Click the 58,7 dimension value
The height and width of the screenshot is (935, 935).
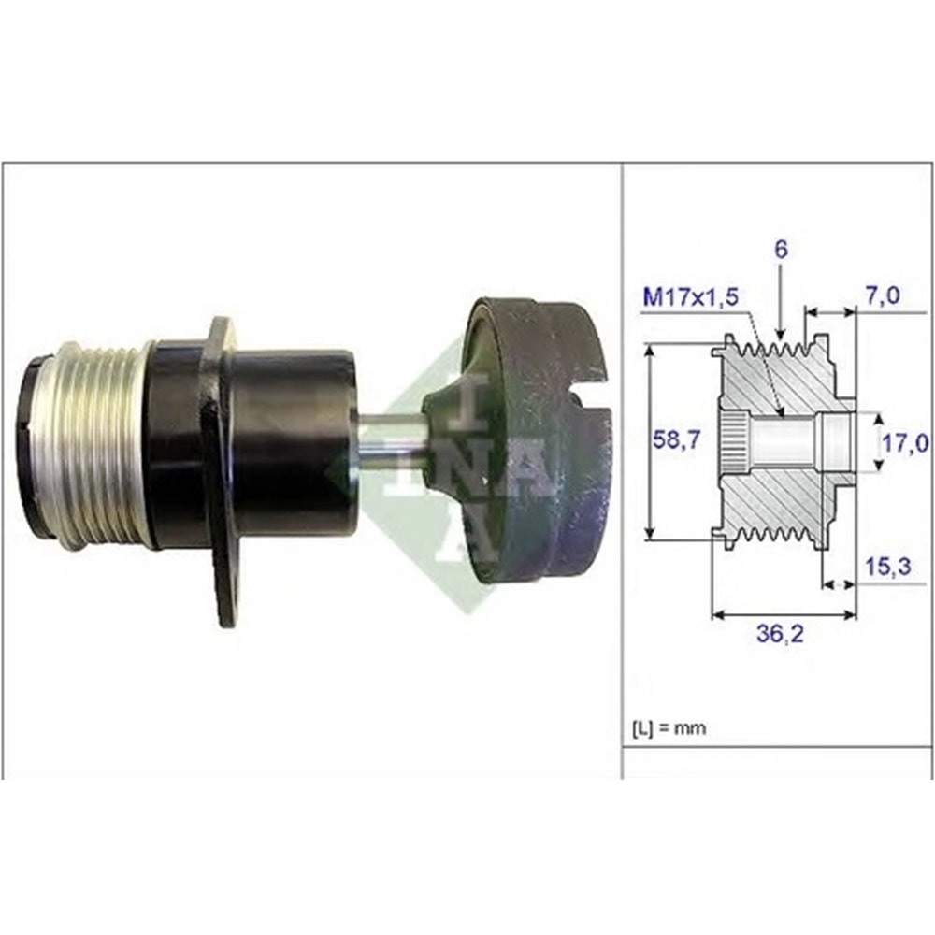677,440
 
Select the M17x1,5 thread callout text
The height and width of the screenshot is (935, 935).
691,296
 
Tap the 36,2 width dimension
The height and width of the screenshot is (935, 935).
780,635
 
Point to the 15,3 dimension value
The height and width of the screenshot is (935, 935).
888,567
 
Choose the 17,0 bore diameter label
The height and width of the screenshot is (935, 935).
905,442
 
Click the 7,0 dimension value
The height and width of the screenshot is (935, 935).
884,295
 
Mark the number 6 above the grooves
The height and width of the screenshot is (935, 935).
781,250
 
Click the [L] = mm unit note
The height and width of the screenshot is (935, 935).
668,728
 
